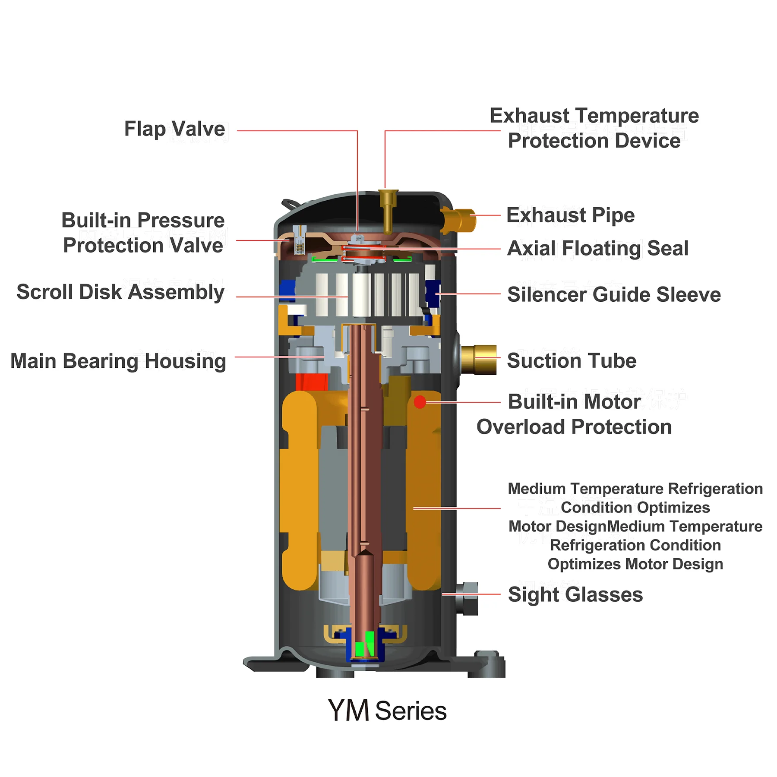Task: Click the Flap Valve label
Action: (x=174, y=129)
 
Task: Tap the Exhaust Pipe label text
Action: (x=570, y=215)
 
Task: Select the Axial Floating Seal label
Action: (x=597, y=248)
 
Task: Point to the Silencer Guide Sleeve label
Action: (x=613, y=294)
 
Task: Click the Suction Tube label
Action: (x=572, y=361)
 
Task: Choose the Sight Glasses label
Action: (x=575, y=594)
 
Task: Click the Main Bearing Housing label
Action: (x=118, y=361)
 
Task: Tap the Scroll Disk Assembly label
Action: (x=120, y=292)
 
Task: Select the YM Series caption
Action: (x=387, y=711)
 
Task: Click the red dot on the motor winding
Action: (x=420, y=402)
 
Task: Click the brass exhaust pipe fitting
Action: (x=460, y=219)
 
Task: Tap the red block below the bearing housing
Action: (x=311, y=382)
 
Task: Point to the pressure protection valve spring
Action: (x=299, y=247)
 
